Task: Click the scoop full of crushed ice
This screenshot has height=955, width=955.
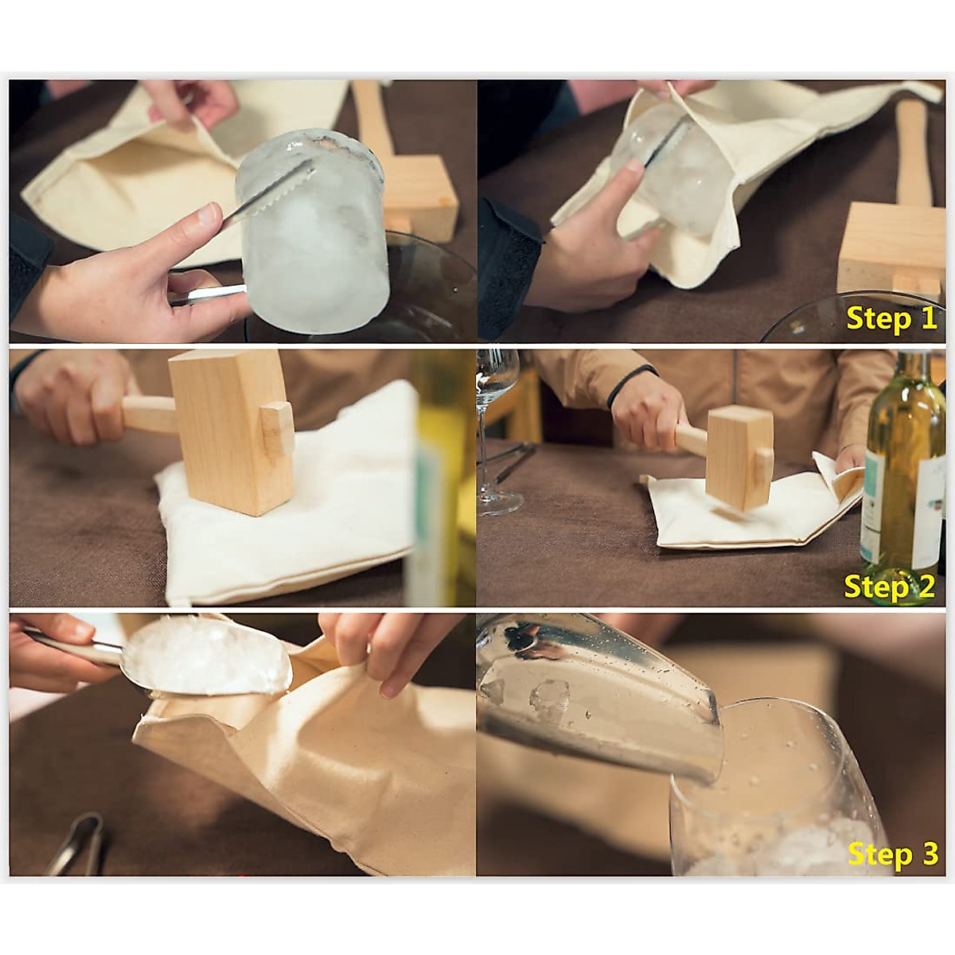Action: click(211, 657)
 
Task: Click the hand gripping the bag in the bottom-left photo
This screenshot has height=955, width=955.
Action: click(366, 645)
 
